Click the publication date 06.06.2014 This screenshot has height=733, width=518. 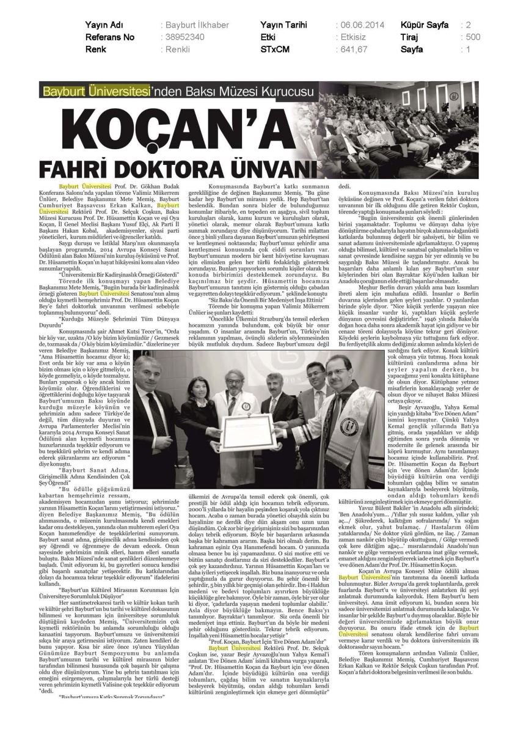360,25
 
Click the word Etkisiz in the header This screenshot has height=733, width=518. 352,37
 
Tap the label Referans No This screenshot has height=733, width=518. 110,37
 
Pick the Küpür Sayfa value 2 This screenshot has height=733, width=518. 468,25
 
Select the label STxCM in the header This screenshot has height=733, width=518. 274,49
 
